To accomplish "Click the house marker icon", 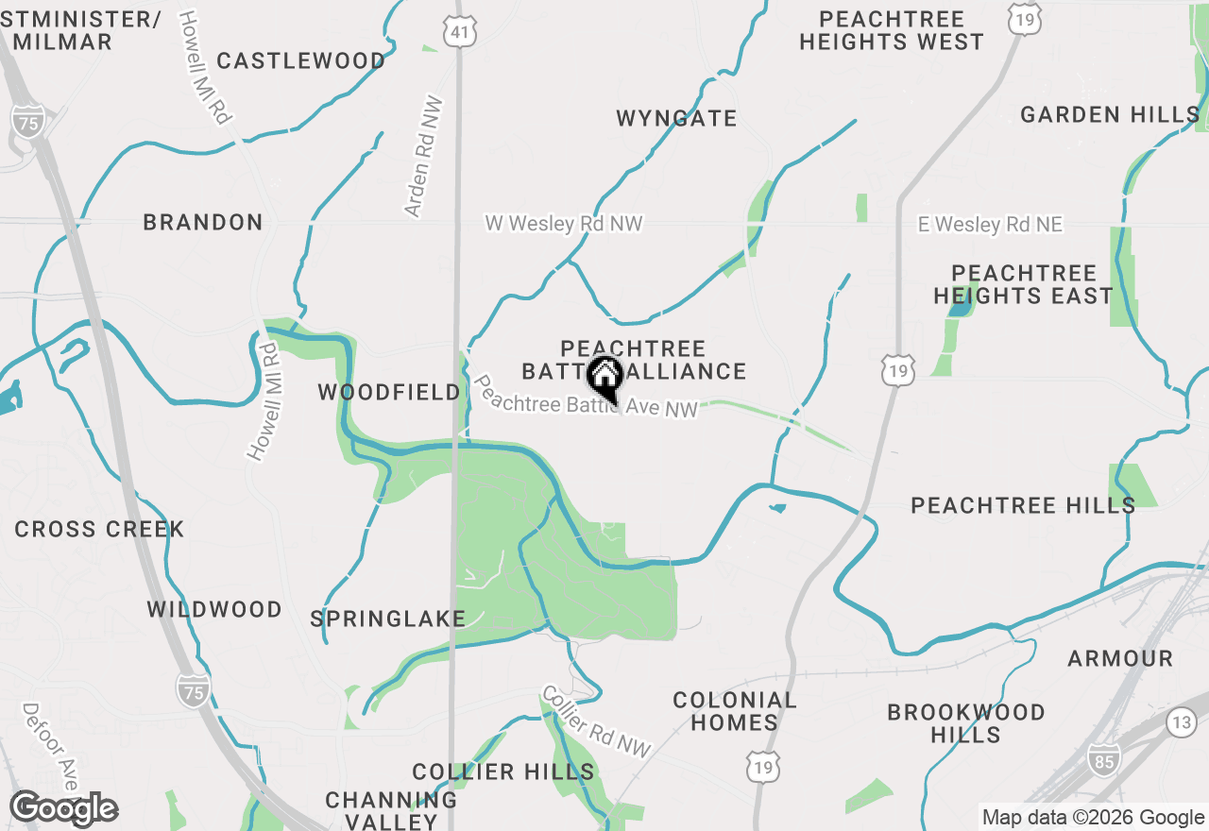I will (604, 377).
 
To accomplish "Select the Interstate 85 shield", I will (1101, 757).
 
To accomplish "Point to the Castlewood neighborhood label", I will (301, 61).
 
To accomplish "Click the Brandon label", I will (203, 223).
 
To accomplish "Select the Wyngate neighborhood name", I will (676, 119).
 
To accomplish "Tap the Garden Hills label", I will (1110, 115).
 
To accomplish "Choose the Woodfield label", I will (389, 392).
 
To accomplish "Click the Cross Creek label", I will (99, 529).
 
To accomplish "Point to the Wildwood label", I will (214, 610).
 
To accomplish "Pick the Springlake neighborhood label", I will (388, 619).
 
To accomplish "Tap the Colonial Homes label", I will (734, 711).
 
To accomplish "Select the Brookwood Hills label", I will (965, 723).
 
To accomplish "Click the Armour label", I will (1120, 658).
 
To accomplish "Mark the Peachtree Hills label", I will (1023, 505).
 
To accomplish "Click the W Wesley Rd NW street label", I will (564, 224).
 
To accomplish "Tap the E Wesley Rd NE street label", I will (991, 225).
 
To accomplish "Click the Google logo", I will (64, 808).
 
